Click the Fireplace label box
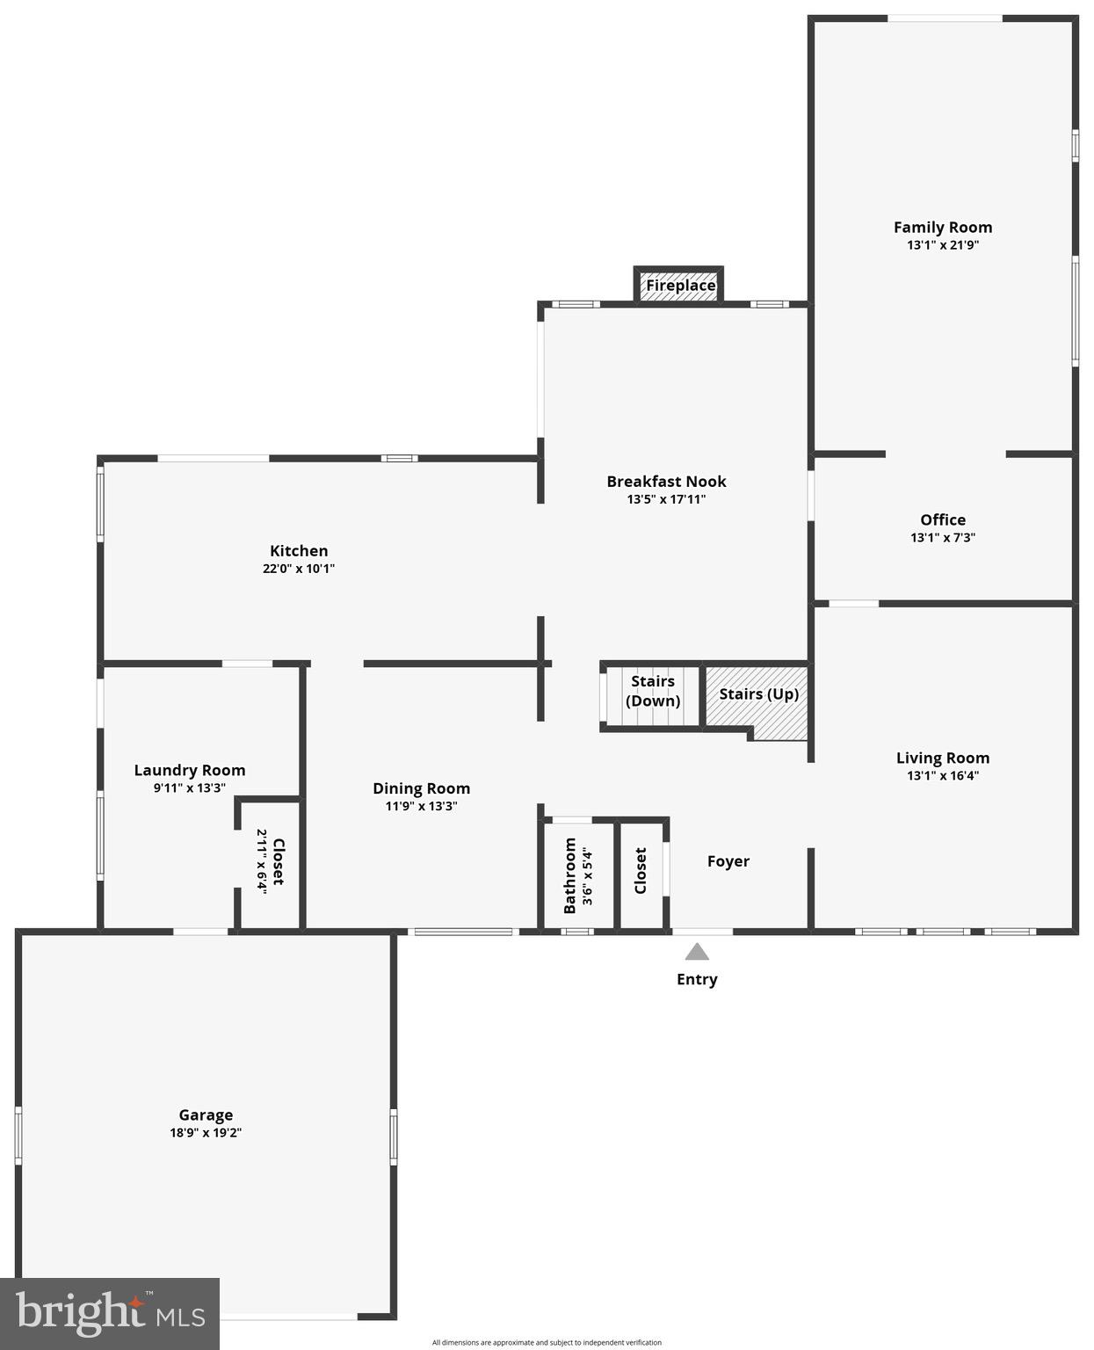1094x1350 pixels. pyautogui.click(x=680, y=286)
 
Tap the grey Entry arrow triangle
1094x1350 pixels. pyautogui.click(x=697, y=952)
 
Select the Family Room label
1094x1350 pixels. pyautogui.click(x=943, y=227)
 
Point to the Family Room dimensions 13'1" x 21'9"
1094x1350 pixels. pyautogui.click(x=943, y=245)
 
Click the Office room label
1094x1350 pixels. pyautogui.click(x=943, y=519)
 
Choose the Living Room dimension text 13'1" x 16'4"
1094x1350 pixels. pyautogui.click(x=943, y=776)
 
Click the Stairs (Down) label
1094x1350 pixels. pyautogui.click(x=653, y=691)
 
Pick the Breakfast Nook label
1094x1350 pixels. pyautogui.click(x=666, y=481)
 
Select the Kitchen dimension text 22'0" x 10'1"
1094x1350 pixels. pyautogui.click(x=299, y=569)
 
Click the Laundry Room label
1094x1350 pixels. pyautogui.click(x=190, y=770)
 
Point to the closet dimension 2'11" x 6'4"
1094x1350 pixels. pyautogui.click(x=261, y=860)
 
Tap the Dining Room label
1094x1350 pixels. pyautogui.click(x=422, y=788)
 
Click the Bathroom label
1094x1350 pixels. pyautogui.click(x=569, y=875)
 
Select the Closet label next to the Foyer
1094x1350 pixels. pyautogui.click(x=641, y=870)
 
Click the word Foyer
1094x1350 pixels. pyautogui.click(x=728, y=861)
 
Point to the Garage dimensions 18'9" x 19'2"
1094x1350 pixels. pyautogui.click(x=206, y=1133)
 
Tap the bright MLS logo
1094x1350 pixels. pyautogui.click(x=110, y=1314)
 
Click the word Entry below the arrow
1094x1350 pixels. pyautogui.click(x=697, y=979)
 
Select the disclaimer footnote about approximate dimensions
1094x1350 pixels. pyautogui.click(x=547, y=1342)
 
